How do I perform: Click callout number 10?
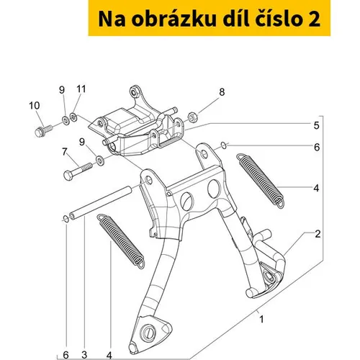tap(35, 106)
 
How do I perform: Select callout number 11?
tap(81, 89)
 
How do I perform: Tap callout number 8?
tap(222, 92)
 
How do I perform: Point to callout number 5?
tap(317, 125)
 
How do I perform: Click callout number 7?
tap(64, 152)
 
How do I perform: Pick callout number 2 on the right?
tap(318, 234)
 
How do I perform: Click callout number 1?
tap(262, 320)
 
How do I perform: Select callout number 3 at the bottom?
tap(84, 354)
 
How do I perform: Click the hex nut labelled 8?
tap(192, 117)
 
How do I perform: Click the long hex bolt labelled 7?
tap(78, 171)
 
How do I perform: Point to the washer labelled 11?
tap(73, 117)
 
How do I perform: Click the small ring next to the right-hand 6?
tap(223, 145)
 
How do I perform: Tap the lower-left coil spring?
tap(121, 240)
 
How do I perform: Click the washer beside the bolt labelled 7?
tap(99, 161)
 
